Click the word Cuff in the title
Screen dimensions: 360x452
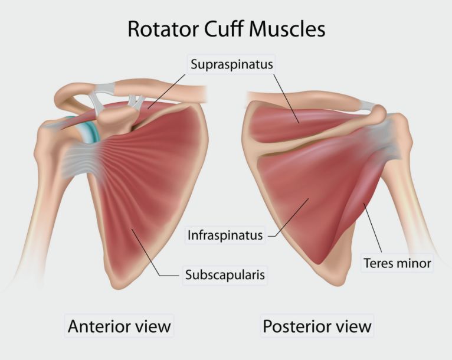[229, 28]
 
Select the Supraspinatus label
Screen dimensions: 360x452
[232, 64]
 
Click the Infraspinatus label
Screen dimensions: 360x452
[225, 235]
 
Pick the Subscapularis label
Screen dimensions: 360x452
[224, 275]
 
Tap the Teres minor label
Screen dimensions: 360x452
[397, 263]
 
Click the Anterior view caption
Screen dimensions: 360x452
[119, 326]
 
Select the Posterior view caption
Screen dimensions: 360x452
[317, 326]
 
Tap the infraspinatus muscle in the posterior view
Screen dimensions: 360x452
[301, 195]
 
